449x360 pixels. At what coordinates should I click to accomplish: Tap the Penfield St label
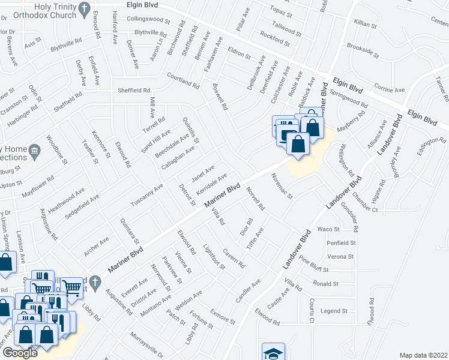click(x=341, y=243)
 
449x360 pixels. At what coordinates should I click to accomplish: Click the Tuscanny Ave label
click(x=147, y=195)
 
